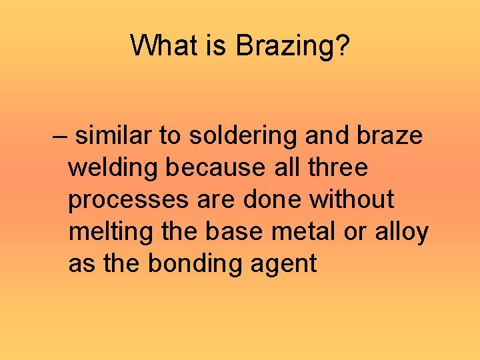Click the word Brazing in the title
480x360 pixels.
pos(288,47)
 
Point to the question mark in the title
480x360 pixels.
pos(342,47)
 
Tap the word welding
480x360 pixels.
pos(113,168)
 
